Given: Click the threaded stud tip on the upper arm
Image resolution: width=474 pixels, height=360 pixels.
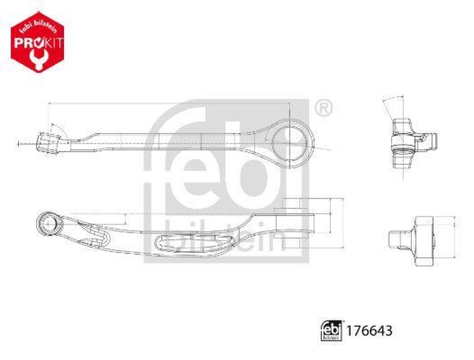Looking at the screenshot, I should coord(46,143).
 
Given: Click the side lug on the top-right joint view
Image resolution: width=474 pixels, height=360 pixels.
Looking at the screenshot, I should coord(432,141).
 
